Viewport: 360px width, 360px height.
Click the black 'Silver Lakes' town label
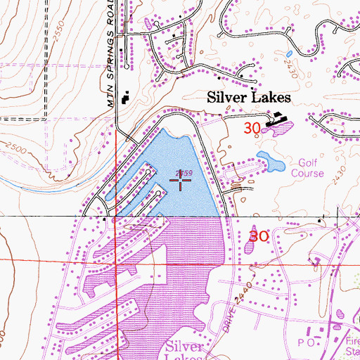click(x=244, y=101)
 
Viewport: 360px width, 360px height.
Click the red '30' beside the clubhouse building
click(x=254, y=128)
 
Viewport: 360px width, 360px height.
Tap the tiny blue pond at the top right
click(x=289, y=53)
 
